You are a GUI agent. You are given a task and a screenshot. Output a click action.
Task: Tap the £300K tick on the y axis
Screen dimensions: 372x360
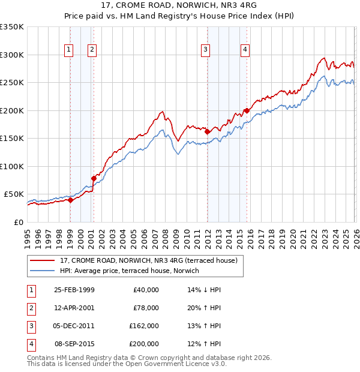tap(12, 55)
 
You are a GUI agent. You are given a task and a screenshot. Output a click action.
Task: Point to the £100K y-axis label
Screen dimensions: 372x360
tap(12, 166)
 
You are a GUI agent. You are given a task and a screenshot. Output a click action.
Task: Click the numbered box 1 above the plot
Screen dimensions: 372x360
tap(70, 50)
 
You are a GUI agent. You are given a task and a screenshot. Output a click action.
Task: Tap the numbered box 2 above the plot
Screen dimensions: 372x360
tap(92, 50)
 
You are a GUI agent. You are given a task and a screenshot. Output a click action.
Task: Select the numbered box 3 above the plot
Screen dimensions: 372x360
tap(205, 50)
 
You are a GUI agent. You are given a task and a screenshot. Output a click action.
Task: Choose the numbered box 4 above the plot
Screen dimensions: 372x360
tap(245, 50)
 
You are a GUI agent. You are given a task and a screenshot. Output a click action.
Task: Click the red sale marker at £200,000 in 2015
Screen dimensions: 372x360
tap(247, 110)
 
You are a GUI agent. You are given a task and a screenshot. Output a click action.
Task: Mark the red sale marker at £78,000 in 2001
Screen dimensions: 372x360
tap(94, 178)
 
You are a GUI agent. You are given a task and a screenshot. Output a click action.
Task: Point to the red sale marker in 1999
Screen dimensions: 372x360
tap(71, 200)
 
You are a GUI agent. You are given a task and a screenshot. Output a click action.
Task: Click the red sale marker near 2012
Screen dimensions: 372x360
tap(207, 131)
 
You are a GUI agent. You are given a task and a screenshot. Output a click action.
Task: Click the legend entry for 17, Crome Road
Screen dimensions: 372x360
tap(149, 260)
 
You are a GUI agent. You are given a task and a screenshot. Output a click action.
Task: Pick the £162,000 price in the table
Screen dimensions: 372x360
tap(144, 326)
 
